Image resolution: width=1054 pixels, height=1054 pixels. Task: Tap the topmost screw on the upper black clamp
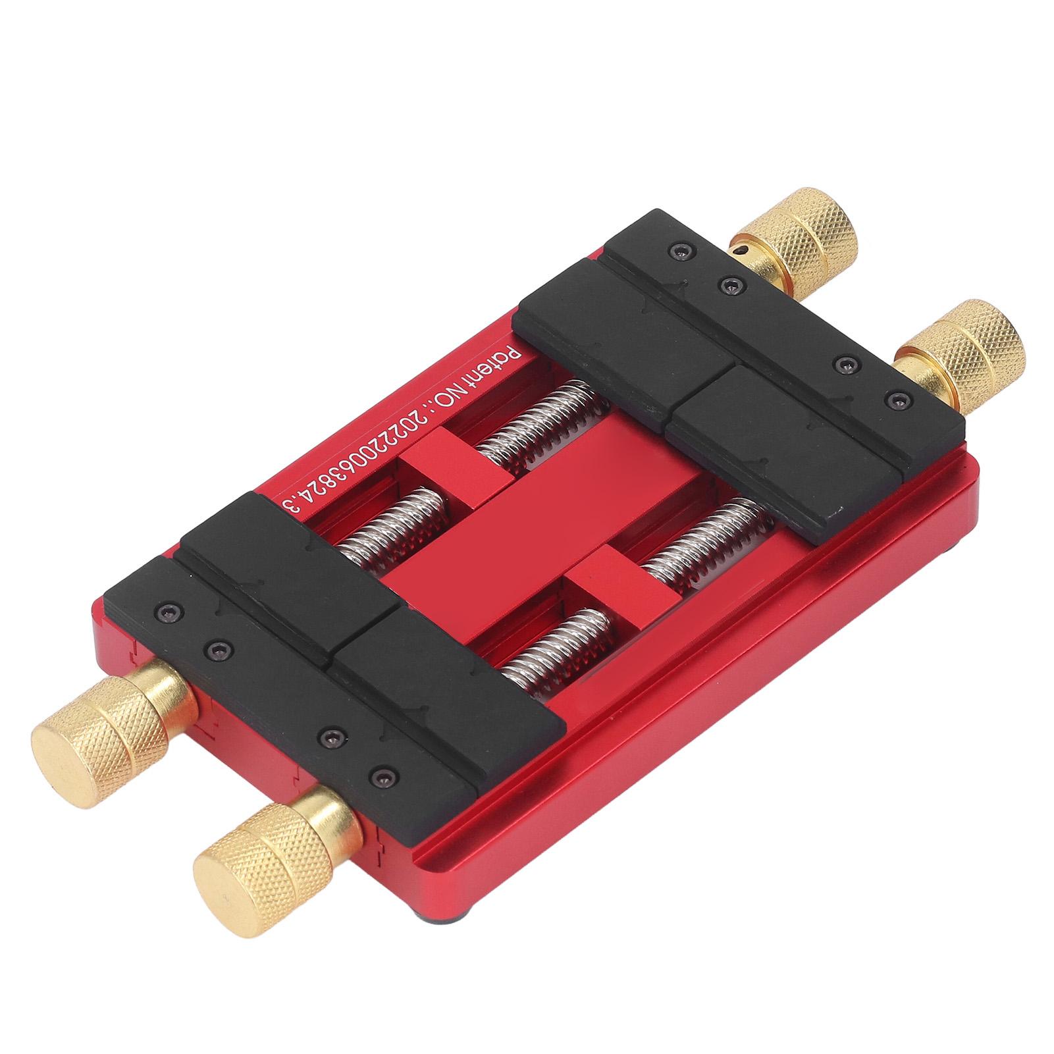(x=678, y=250)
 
